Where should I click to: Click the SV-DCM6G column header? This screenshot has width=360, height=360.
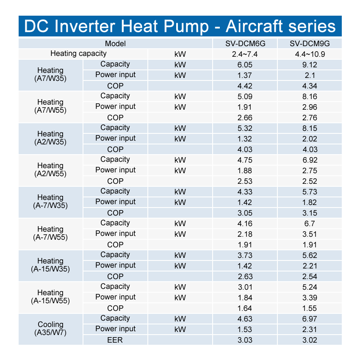pos(245,44)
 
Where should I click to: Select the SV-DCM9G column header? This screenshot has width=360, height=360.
pos(310,44)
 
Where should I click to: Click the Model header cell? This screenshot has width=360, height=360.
pos(115,44)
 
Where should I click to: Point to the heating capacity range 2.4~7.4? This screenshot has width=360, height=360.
pos(245,54)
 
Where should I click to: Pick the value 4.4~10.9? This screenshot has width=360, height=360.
pos(310,54)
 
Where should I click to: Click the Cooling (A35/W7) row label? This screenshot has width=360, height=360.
pos(50,329)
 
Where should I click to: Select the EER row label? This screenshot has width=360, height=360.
pos(115,340)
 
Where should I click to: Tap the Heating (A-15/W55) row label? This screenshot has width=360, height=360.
pos(50,297)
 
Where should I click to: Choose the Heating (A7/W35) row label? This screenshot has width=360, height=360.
pos(50,75)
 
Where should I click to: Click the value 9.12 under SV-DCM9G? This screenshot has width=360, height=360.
pos(310,65)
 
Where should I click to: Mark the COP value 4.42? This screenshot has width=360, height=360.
pos(245,86)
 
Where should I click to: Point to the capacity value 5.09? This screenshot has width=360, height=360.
pos(245,97)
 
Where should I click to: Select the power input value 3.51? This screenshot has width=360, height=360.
pos(310,234)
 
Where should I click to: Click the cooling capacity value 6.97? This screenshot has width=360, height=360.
pos(310,319)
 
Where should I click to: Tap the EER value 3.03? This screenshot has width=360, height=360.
pos(245,340)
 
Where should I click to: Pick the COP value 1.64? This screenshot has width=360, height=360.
pos(245,308)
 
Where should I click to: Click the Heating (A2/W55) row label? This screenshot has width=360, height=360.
pos(50,170)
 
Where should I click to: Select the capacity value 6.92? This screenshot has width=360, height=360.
pos(310,160)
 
